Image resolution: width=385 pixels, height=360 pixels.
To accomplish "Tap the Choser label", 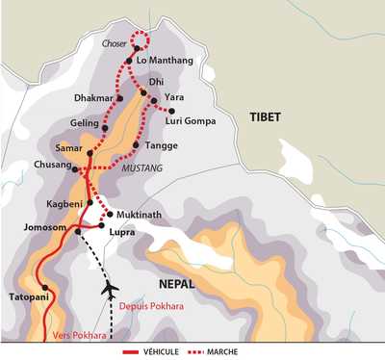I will coord(115,42).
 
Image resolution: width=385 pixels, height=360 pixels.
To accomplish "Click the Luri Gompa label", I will coord(187,120).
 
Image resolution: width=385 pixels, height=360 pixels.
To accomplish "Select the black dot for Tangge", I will coord(134,145).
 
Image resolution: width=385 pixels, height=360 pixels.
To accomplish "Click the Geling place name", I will coord(86,124).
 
